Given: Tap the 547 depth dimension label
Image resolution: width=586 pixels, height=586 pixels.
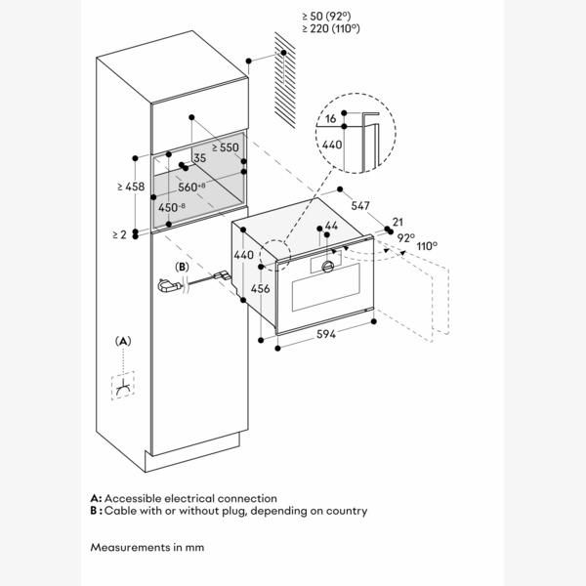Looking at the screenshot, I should tap(360, 206).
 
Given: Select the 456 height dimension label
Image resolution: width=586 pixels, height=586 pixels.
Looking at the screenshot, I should tap(261, 289).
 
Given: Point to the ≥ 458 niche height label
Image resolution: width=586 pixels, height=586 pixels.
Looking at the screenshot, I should tap(130, 186).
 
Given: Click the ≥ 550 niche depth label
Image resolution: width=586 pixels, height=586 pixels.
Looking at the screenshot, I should tap(225, 147).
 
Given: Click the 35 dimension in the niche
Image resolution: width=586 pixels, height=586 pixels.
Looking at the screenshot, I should tap(199, 157).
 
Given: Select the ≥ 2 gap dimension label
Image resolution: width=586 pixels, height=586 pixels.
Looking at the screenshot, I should tap(118, 234).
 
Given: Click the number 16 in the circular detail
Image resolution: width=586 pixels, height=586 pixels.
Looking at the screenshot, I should tap(331, 118).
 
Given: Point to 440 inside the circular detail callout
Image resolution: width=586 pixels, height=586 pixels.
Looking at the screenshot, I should tap(332, 143).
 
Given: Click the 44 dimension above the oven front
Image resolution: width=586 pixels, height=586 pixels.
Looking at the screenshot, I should tap(331, 227).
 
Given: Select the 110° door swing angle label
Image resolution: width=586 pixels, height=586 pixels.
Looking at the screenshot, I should tap(427, 247).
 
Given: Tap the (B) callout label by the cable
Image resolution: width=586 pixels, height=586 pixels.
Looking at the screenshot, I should tap(181, 267).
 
